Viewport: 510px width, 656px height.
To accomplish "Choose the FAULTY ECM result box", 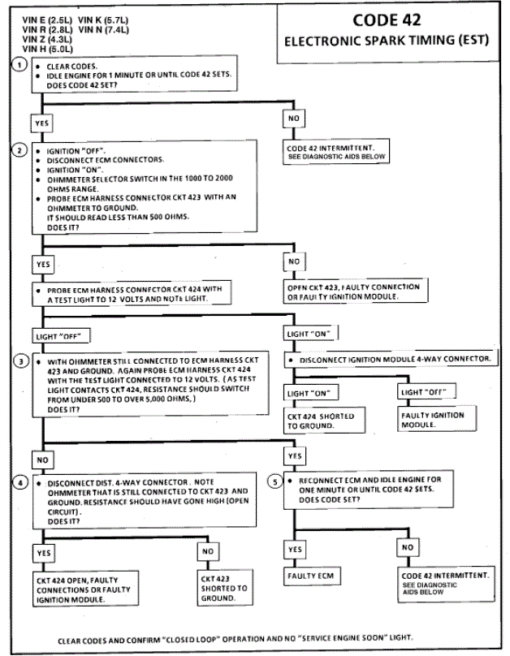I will pos(311,576).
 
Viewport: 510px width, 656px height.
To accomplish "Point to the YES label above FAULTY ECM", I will pos(296,550).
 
